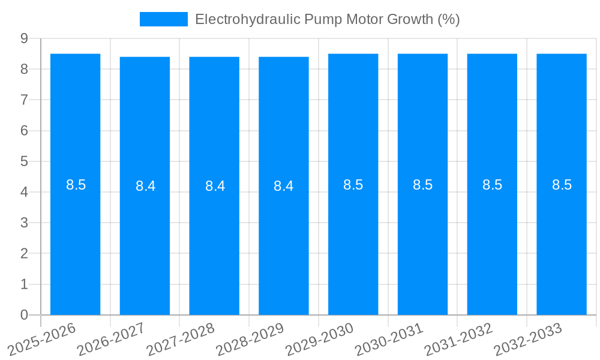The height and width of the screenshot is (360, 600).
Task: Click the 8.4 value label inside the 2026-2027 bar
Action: point(145,186)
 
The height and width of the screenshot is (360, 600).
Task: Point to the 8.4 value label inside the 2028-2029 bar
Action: point(284,186)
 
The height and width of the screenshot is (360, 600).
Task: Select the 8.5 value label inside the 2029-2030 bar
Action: point(353,185)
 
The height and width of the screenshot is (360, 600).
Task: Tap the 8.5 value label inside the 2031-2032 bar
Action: point(493,185)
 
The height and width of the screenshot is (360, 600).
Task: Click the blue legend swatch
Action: point(163,19)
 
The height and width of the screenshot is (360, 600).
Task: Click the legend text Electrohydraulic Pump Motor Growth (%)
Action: point(328,19)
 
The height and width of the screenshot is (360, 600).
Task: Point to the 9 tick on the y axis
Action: point(24,38)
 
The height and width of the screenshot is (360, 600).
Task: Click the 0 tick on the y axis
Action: point(24,315)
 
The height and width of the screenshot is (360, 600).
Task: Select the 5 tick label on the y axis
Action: point(24,161)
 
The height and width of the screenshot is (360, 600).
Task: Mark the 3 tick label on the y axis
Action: point(24,223)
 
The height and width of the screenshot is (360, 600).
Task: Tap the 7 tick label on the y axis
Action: point(24,100)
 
